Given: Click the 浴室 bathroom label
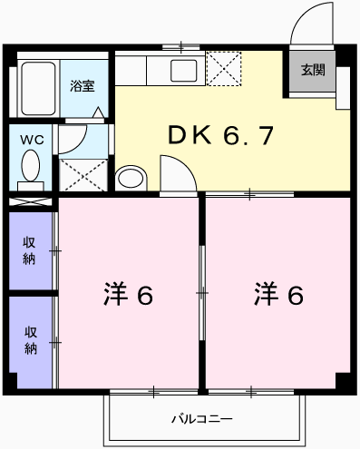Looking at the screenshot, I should (x=83, y=86).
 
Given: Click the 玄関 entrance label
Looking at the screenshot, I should (x=313, y=69).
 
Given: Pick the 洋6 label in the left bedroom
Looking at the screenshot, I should (x=128, y=295).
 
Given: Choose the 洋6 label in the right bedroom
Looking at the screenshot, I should (x=277, y=295).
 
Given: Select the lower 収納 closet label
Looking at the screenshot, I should (x=30, y=340).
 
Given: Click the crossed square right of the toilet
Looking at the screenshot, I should (x=80, y=171).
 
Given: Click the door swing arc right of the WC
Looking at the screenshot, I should (x=72, y=137).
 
